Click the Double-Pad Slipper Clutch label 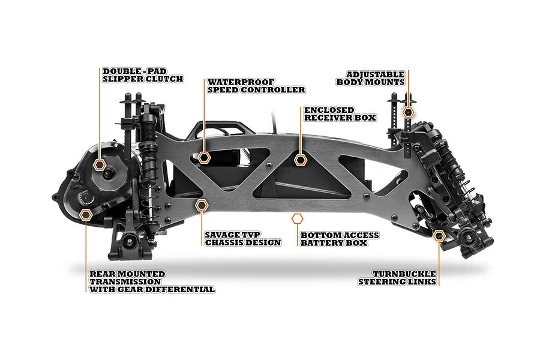(x=143, y=75)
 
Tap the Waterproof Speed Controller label (x=256, y=86)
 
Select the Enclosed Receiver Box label (x=340, y=114)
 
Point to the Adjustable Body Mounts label (x=371, y=79)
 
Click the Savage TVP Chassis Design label (x=243, y=239)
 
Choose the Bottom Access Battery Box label (x=340, y=239)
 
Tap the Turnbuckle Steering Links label (x=397, y=278)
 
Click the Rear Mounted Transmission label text (x=152, y=282)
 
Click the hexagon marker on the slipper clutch (x=100, y=164)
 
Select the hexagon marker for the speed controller (x=204, y=157)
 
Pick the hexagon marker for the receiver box (x=301, y=160)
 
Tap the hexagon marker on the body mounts (x=409, y=112)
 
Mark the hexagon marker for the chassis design (x=202, y=205)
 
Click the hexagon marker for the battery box (x=297, y=219)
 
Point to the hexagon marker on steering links (x=439, y=236)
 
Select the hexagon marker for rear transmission (x=86, y=214)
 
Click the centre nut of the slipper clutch (x=109, y=174)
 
